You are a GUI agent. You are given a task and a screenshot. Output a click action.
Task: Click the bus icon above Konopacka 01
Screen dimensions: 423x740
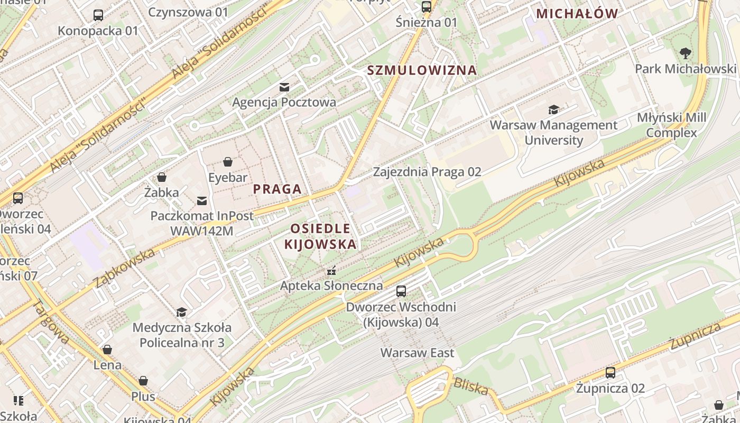tap(98, 15)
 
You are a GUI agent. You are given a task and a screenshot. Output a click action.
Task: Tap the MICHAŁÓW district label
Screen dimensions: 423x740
tap(577, 14)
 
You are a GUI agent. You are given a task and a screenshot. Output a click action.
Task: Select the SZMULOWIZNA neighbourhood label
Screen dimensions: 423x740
tap(422, 70)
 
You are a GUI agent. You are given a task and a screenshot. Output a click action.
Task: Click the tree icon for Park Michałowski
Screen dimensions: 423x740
tap(686, 53)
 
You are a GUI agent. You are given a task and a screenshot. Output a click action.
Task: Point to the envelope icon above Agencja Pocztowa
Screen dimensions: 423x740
tap(284, 87)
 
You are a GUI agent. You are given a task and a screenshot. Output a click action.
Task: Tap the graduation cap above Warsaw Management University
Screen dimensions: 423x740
tap(553, 109)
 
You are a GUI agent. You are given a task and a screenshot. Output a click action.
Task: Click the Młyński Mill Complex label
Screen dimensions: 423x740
tap(671, 125)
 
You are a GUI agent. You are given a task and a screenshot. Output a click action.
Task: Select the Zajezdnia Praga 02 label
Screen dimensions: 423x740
tap(427, 171)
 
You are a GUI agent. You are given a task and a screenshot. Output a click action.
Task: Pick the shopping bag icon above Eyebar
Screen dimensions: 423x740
tap(228, 162)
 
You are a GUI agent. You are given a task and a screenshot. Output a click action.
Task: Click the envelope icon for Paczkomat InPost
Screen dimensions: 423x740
tap(202, 200)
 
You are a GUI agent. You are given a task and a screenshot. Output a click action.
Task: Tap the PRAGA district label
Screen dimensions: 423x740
tap(277, 189)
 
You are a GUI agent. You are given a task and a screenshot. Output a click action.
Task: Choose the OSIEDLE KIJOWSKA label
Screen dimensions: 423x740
tap(320, 236)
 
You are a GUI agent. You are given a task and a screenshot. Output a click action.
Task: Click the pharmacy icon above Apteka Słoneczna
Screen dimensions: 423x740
tap(331, 271)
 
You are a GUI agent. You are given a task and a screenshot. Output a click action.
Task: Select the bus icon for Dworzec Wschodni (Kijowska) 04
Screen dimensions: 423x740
tap(401, 291)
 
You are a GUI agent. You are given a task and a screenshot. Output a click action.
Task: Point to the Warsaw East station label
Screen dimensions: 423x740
tap(417, 353)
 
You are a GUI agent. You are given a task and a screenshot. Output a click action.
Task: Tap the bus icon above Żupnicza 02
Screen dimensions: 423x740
tap(610, 373)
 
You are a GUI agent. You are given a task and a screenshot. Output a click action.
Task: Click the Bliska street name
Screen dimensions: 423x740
tap(471, 387)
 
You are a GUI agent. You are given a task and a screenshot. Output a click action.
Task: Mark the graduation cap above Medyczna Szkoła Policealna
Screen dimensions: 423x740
tap(182, 312)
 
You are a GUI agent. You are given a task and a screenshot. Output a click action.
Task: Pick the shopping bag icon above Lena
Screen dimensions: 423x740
tap(107, 350)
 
